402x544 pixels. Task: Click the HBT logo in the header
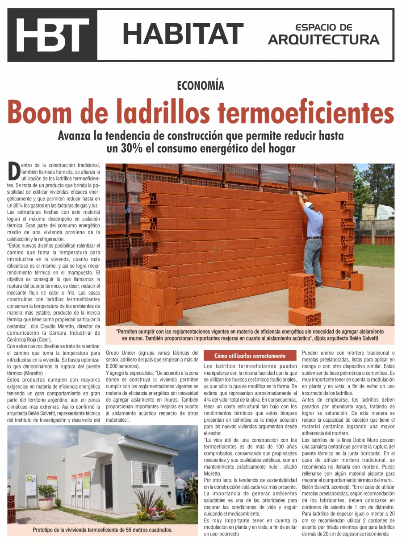[52, 35]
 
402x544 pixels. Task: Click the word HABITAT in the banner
[183, 34]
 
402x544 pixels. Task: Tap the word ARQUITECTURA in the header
[323, 40]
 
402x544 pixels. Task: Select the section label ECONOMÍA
[201, 85]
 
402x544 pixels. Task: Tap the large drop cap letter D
[14, 172]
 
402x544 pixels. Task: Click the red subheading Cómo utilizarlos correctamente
[250, 356]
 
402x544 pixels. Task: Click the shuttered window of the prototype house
[149, 473]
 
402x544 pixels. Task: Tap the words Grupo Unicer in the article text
[121, 353]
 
